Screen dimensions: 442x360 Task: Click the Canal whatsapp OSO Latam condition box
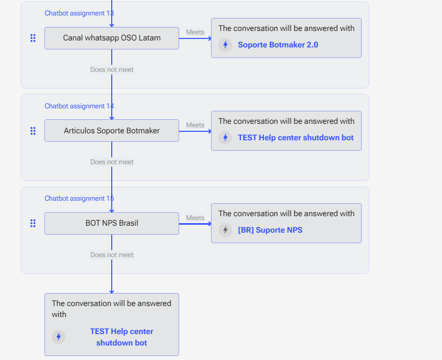click(112, 38)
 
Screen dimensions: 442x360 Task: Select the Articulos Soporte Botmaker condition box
click(112, 131)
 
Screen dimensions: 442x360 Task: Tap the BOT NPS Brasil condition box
click(112, 223)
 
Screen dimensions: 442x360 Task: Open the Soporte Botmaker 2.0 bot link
click(278, 45)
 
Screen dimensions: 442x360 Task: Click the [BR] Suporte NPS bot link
click(270, 230)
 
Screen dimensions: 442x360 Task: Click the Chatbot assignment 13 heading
click(79, 13)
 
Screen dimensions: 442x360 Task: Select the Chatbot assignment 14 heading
click(79, 106)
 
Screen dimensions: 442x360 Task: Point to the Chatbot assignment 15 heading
click(79, 199)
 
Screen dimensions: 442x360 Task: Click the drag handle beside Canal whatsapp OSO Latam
click(33, 38)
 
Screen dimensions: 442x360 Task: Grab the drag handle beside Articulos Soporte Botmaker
click(33, 131)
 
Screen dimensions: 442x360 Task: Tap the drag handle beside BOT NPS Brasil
click(33, 224)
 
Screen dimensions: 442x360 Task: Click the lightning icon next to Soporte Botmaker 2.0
click(225, 45)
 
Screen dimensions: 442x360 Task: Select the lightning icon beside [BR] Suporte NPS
click(225, 230)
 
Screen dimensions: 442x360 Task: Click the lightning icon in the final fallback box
click(59, 337)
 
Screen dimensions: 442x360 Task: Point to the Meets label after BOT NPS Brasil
click(195, 218)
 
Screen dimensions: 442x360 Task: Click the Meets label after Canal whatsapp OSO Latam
click(195, 32)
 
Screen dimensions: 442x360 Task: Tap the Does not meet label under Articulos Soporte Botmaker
click(112, 162)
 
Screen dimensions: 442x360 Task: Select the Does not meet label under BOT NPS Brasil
click(112, 255)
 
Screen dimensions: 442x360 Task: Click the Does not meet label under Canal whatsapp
click(112, 70)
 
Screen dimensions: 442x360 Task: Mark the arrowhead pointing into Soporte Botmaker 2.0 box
click(210, 38)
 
